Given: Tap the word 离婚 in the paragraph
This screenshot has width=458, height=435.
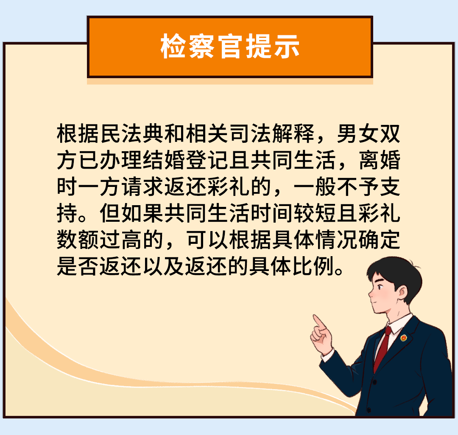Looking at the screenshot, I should (x=380, y=161).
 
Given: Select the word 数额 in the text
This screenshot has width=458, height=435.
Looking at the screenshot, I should (x=78, y=240).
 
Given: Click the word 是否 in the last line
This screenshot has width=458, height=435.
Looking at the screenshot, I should (x=78, y=267).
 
